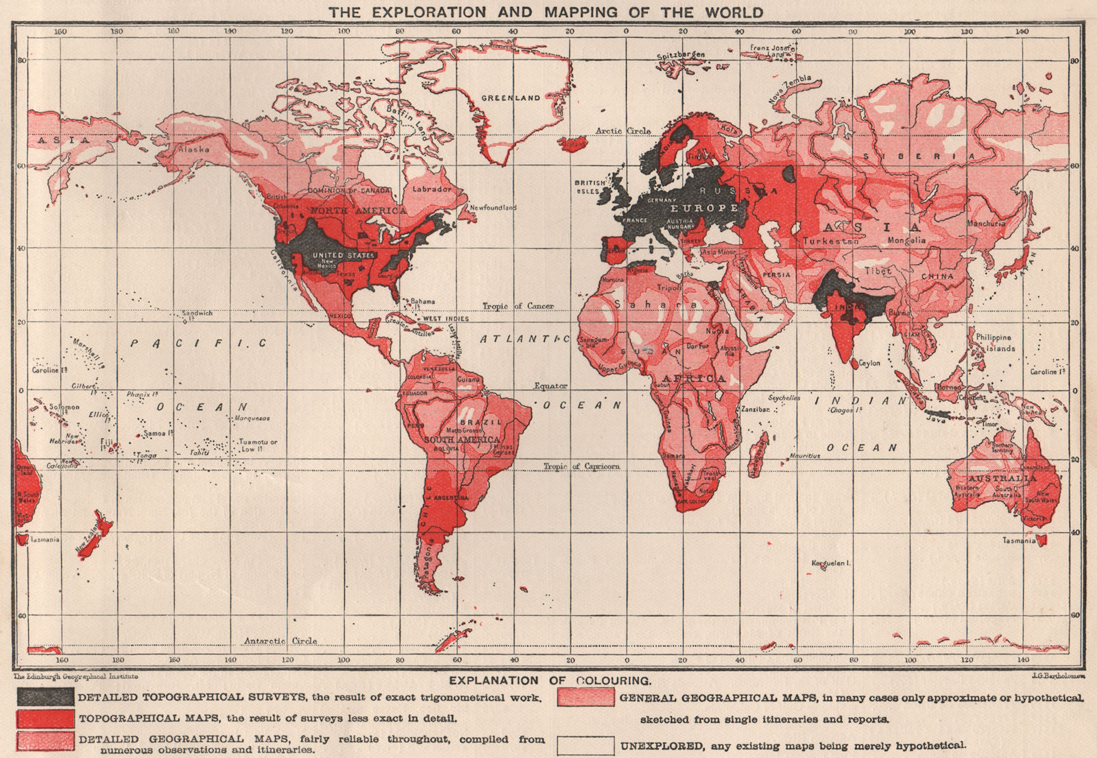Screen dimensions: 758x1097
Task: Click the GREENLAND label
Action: (510, 98)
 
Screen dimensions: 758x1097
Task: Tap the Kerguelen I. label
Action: (831, 563)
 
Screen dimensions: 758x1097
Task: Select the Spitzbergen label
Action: (681, 56)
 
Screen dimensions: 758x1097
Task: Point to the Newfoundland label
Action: (492, 207)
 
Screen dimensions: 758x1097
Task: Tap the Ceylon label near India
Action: (869, 363)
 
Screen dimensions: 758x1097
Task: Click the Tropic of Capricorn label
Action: (581, 466)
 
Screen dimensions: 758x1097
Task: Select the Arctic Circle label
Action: (623, 131)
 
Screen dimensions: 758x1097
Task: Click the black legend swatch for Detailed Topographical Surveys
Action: (45, 696)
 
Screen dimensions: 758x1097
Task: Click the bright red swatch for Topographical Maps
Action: (45, 718)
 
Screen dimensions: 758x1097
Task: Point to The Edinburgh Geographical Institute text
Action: (76, 676)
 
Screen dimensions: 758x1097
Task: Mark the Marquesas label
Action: (252, 418)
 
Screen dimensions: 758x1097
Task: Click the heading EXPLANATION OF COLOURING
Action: (548, 680)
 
